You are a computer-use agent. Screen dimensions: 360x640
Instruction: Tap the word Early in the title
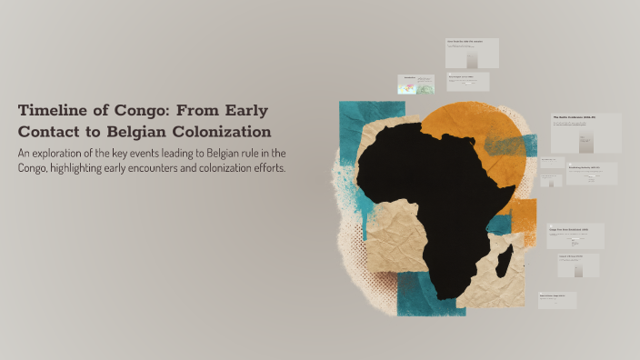click(241, 111)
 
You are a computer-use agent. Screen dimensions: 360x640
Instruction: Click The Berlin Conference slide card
click(585, 133)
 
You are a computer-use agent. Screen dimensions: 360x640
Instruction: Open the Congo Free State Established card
click(575, 235)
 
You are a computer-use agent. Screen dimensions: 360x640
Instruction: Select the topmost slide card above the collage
click(472, 53)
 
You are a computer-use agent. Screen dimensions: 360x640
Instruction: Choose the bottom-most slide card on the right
click(557, 300)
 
